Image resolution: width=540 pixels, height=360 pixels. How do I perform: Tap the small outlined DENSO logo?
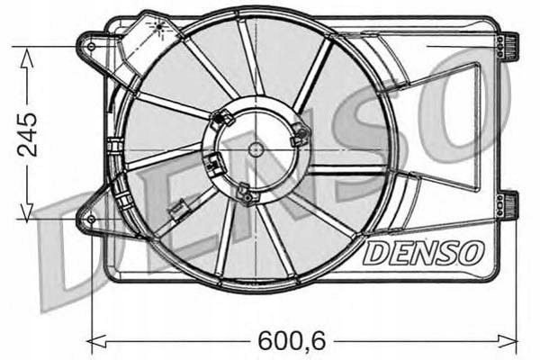point(424,252)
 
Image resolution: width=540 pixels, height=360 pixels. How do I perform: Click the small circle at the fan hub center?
point(256,148)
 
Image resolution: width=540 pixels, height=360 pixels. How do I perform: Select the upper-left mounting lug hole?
point(91,41)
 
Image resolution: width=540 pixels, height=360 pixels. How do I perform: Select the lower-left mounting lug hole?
point(91,219)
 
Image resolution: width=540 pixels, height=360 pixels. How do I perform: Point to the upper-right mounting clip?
point(510,44)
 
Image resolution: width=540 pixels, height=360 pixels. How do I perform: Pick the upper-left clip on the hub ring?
point(221,118)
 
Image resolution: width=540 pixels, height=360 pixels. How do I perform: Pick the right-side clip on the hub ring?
point(301,136)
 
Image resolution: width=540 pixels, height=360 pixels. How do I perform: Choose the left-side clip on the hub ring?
point(212,165)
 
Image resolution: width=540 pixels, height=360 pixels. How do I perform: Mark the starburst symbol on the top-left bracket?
point(160,28)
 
